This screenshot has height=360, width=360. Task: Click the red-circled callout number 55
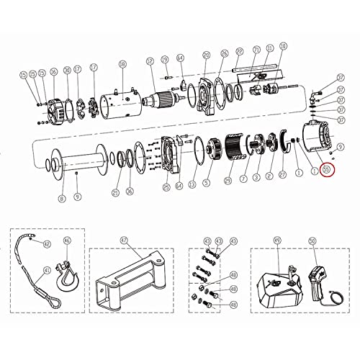(327, 170)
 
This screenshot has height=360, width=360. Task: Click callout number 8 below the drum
(62, 198)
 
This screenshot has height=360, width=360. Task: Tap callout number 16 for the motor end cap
(53, 74)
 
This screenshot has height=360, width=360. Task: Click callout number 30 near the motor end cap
(67, 70)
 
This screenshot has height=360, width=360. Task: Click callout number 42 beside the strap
(47, 245)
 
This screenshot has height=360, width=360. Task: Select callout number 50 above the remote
(312, 242)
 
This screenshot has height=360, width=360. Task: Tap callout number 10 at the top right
(283, 45)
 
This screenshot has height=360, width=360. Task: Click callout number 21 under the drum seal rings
(116, 192)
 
